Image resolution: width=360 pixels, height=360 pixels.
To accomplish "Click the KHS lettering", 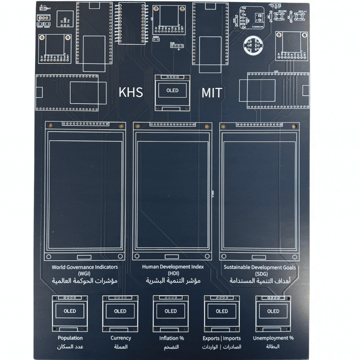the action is click(131, 92).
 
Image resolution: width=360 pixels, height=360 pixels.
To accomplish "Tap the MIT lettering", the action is click(212, 93).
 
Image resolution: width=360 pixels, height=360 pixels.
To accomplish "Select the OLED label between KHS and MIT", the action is click(172, 90).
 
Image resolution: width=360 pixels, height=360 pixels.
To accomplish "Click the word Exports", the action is click(211, 338).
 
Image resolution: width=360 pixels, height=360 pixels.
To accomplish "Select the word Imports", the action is click(232, 338).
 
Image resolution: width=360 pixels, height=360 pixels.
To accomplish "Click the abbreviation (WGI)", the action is click(85, 273).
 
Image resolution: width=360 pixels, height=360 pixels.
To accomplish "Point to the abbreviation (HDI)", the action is click(173, 273).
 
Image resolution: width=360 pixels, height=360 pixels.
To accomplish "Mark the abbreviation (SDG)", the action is click(259, 274).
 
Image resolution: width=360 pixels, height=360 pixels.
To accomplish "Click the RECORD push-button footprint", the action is click(282, 16).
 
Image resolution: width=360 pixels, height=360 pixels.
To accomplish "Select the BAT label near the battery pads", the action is click(49, 9).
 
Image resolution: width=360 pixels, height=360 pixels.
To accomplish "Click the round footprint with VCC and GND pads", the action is click(252, 45).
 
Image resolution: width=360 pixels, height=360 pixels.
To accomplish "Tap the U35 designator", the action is click(276, 71).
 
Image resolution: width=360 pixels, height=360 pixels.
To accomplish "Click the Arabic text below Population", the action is click(70, 347).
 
